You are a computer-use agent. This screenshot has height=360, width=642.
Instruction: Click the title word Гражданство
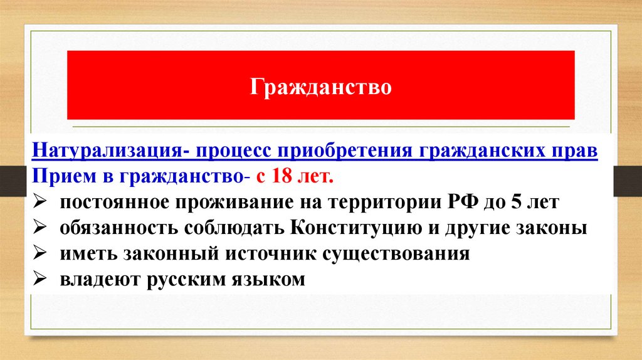[x=321, y=86]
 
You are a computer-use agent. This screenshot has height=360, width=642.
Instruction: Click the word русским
[x=187, y=280]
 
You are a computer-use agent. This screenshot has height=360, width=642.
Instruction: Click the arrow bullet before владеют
[x=40, y=279]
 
